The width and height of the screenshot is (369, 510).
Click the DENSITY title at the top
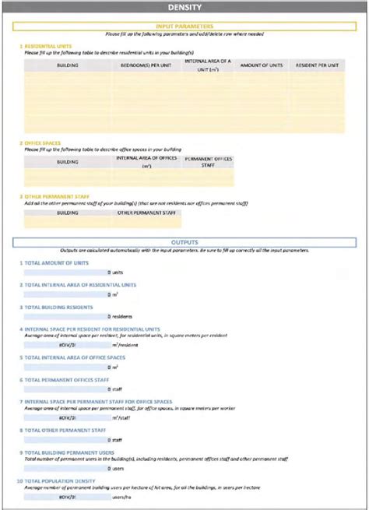[x=184, y=8]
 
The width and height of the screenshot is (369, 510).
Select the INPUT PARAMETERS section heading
[x=184, y=26]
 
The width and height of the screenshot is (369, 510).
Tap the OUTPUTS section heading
[x=184, y=242]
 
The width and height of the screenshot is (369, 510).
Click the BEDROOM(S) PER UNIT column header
[x=142, y=65]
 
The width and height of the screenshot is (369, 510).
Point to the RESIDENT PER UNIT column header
[x=316, y=65]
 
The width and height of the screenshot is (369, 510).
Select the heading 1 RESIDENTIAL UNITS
[x=47, y=46]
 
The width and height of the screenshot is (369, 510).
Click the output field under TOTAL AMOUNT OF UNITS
[x=67, y=273]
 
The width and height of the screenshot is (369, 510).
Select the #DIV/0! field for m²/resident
[x=67, y=344]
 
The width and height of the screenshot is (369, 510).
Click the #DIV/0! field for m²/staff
[x=67, y=417]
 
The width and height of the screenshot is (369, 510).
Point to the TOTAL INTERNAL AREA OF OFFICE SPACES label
[x=79, y=357]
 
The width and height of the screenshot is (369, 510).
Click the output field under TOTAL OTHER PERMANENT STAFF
[x=67, y=439]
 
